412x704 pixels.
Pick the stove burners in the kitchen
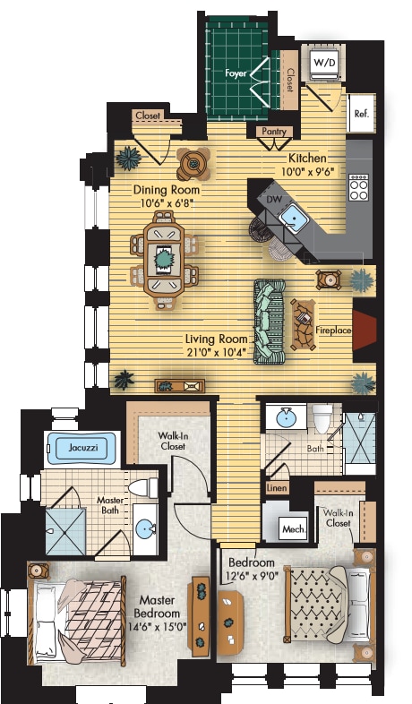(359, 185)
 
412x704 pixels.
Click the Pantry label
(274, 132)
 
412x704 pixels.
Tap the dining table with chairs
(163, 260)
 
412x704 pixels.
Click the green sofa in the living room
(268, 321)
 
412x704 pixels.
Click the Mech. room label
(293, 529)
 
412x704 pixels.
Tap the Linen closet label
(277, 490)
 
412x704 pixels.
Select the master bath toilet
(138, 489)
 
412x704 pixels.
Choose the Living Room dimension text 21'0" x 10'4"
(216, 352)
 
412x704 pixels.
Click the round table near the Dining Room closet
(193, 162)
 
